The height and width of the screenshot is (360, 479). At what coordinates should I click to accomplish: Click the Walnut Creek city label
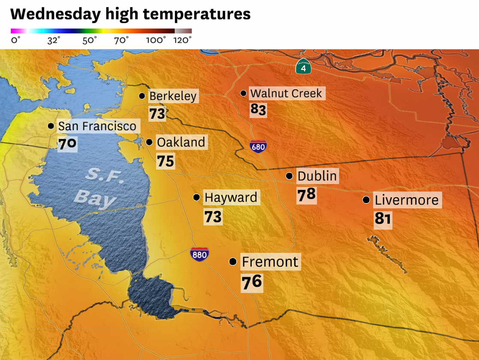point(286,93)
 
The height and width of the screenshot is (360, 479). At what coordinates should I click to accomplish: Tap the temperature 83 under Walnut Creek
point(258,110)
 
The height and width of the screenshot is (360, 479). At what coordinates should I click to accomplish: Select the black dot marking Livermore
point(366,200)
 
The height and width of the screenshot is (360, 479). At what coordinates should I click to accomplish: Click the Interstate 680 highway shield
point(258,147)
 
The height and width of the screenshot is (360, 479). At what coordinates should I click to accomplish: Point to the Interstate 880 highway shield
point(199,254)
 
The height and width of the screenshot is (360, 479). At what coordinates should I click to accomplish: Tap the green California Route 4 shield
point(303,66)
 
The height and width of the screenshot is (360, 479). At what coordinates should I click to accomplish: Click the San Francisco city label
point(97,126)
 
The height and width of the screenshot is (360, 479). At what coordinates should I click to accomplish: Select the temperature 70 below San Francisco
point(67,143)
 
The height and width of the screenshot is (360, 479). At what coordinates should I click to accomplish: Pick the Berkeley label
point(173,96)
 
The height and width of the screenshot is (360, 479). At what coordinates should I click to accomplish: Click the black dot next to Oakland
point(149,142)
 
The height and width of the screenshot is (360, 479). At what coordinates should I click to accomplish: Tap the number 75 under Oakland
point(165,161)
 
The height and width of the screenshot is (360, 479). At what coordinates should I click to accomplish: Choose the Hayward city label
point(231,197)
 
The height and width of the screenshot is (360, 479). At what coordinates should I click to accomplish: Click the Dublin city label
point(317,176)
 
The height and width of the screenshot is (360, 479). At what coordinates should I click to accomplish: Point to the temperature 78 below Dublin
point(306,195)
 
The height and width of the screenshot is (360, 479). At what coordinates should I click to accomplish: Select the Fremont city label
point(270,261)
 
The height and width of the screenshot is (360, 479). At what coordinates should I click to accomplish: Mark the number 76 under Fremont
point(251,282)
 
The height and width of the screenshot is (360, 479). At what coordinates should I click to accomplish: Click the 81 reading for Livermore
point(383,219)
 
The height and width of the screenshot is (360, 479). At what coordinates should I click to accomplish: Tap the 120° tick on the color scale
point(182,40)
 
